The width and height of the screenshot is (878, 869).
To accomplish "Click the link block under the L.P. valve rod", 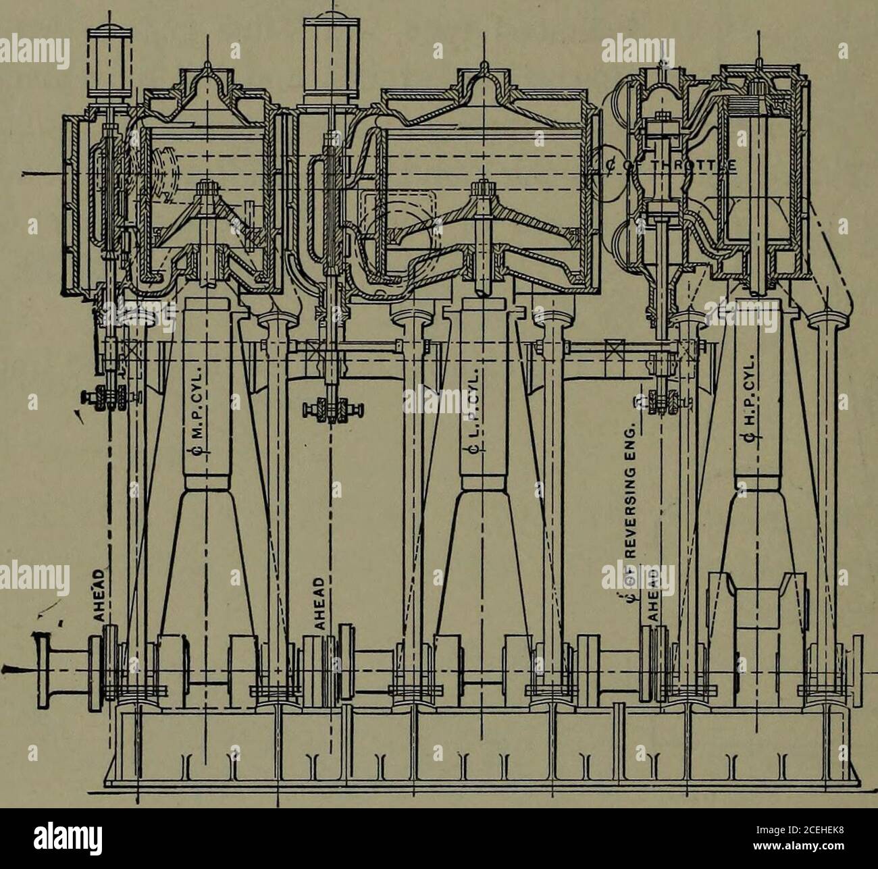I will pyautogui.click(x=330, y=409).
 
